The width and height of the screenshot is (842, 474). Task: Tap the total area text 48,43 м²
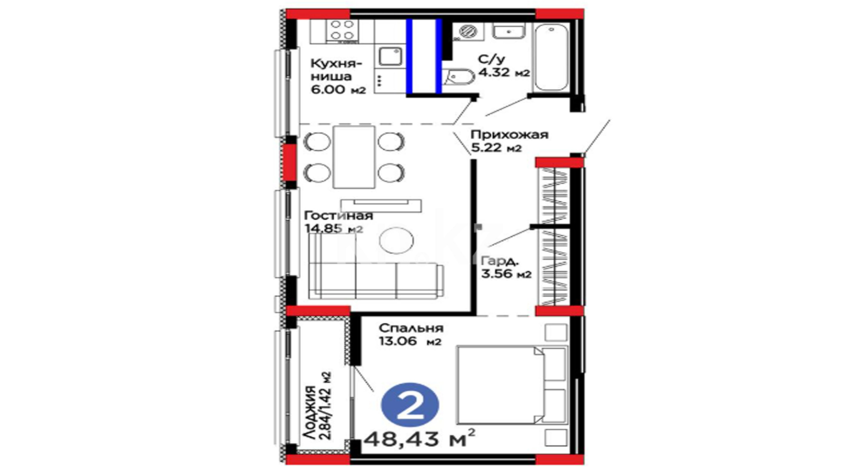(x=420, y=438)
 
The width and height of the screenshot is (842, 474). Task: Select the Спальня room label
(x=411, y=328)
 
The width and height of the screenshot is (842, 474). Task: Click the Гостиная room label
(x=338, y=216)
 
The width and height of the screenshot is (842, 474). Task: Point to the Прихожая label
(x=509, y=134)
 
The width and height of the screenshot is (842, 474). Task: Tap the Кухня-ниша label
(x=336, y=70)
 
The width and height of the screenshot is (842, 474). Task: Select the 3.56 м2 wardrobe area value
(x=506, y=274)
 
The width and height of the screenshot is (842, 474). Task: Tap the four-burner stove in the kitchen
(x=342, y=31)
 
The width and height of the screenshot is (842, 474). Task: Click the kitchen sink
(x=390, y=57)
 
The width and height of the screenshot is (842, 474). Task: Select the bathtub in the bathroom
(x=551, y=57)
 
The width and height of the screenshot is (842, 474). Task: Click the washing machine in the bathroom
(x=468, y=32)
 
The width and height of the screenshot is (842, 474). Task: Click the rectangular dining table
(x=354, y=157)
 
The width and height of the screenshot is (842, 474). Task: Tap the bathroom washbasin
(x=508, y=31)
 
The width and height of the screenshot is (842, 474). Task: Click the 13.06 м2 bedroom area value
(x=410, y=341)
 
